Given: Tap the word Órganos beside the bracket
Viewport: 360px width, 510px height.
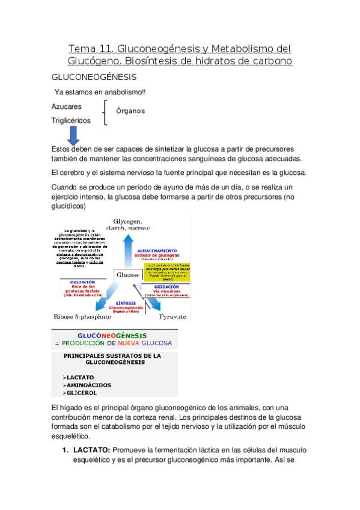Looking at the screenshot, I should click(130, 111).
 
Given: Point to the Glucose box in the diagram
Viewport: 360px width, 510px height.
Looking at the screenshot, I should click(126, 275).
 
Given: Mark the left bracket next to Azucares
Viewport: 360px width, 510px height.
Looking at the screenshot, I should click(106, 112).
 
